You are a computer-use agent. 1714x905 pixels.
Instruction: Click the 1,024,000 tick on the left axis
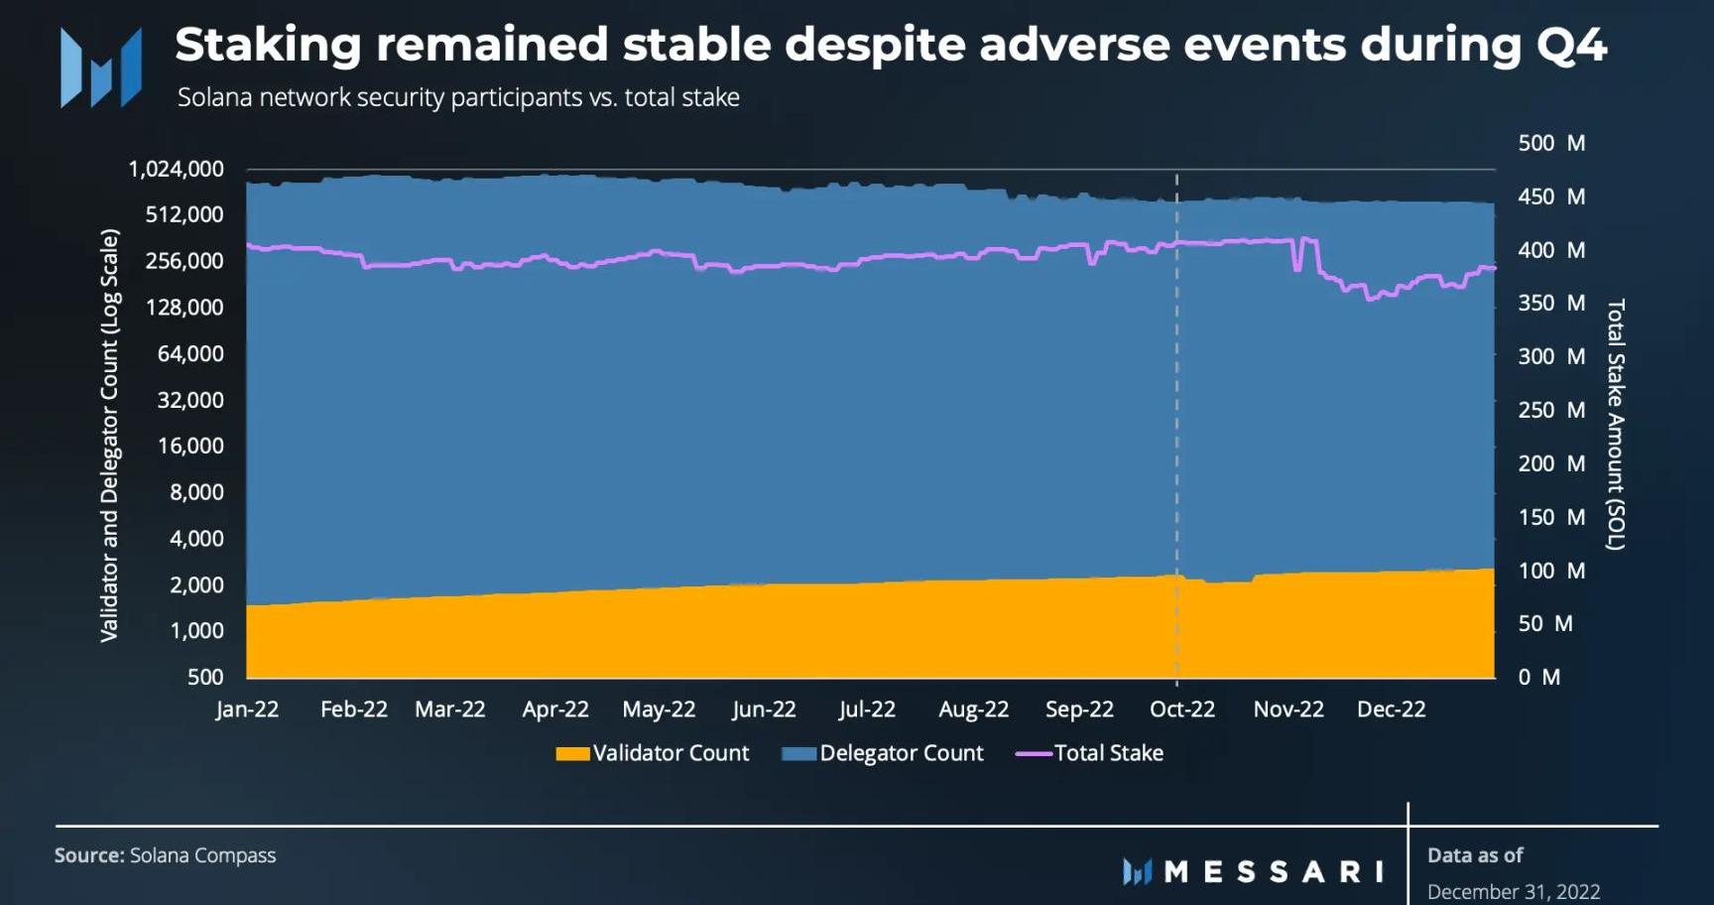(176, 169)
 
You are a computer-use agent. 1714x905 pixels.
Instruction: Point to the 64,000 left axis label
(190, 354)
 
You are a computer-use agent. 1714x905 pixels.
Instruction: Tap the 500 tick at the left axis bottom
(205, 677)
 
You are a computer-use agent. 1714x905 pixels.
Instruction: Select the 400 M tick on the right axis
(1551, 250)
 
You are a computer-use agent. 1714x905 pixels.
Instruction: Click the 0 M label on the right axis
(1538, 677)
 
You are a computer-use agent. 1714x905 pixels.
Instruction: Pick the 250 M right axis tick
(1551, 410)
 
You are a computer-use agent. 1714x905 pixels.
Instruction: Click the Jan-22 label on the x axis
(247, 710)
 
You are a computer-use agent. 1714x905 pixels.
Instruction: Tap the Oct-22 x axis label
(1181, 710)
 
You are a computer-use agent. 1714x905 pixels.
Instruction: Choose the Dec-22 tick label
(1391, 710)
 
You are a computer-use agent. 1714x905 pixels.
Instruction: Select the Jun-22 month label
(764, 710)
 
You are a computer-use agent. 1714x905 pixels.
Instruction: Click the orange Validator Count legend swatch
(572, 754)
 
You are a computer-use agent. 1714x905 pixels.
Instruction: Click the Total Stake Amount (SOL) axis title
(1616, 424)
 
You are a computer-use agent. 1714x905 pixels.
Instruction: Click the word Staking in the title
(268, 45)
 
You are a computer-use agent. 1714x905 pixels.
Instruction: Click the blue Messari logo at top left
(100, 67)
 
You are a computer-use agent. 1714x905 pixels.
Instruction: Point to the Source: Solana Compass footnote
(165, 855)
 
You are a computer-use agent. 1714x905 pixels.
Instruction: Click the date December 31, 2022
(1514, 891)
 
